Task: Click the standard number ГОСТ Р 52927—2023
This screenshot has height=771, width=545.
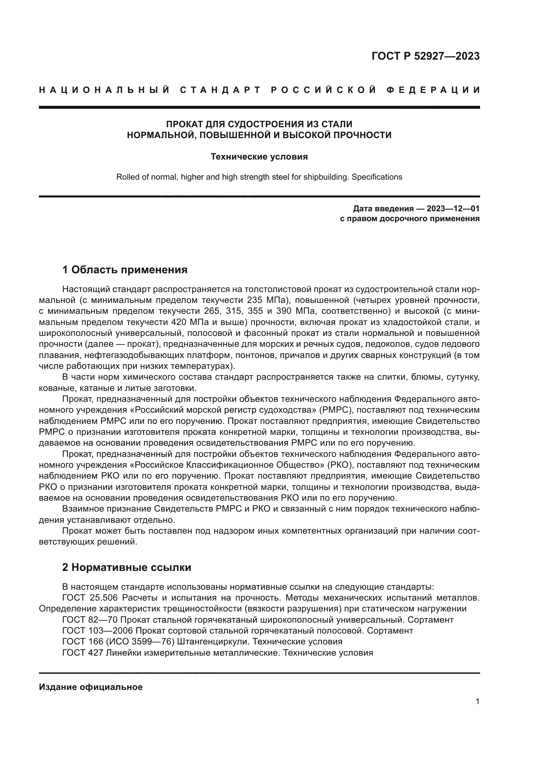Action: tap(425, 56)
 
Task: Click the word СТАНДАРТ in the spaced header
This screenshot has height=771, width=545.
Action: tap(220, 90)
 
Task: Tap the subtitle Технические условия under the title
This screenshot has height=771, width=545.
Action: tap(259, 157)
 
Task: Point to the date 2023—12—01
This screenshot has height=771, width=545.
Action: tap(453, 209)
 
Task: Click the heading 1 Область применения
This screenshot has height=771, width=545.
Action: tap(125, 270)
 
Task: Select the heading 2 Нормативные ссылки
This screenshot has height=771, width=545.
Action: tap(127, 568)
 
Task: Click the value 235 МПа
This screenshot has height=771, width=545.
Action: tap(266, 300)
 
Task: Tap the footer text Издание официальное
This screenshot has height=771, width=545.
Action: tap(91, 687)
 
